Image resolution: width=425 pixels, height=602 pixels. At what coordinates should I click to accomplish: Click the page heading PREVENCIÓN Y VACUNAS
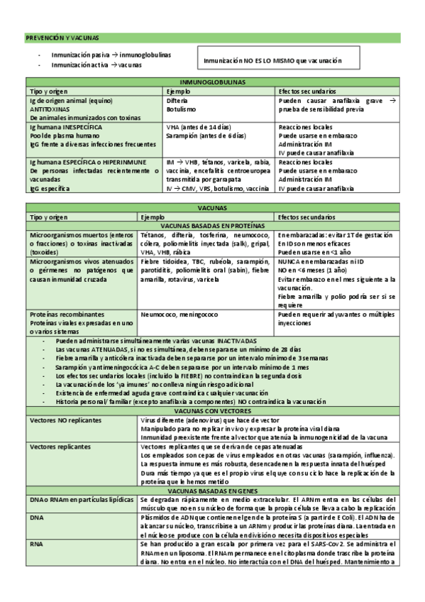pyautogui.click(x=62, y=37)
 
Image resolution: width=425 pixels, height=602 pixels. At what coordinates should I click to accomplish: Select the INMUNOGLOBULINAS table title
pyautogui.click(x=211, y=82)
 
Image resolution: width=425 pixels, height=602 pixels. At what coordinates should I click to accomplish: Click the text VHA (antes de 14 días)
pyautogui.click(x=198, y=127)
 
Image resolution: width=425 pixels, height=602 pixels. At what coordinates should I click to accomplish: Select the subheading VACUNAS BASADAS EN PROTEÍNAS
pyautogui.click(x=211, y=226)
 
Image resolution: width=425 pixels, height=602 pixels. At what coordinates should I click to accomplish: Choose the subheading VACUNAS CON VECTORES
pyautogui.click(x=211, y=410)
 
